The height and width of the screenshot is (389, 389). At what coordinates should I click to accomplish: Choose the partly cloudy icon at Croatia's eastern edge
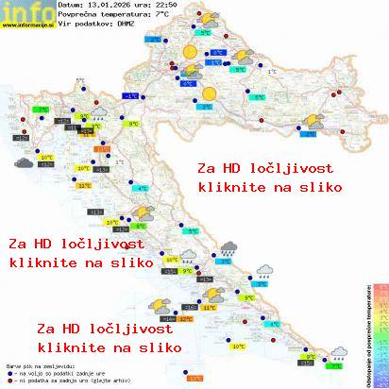coord(309,120)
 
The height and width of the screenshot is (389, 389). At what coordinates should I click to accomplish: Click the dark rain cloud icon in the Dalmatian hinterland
coord(228,248)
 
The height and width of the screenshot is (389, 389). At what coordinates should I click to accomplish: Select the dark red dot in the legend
coord(8,378)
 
